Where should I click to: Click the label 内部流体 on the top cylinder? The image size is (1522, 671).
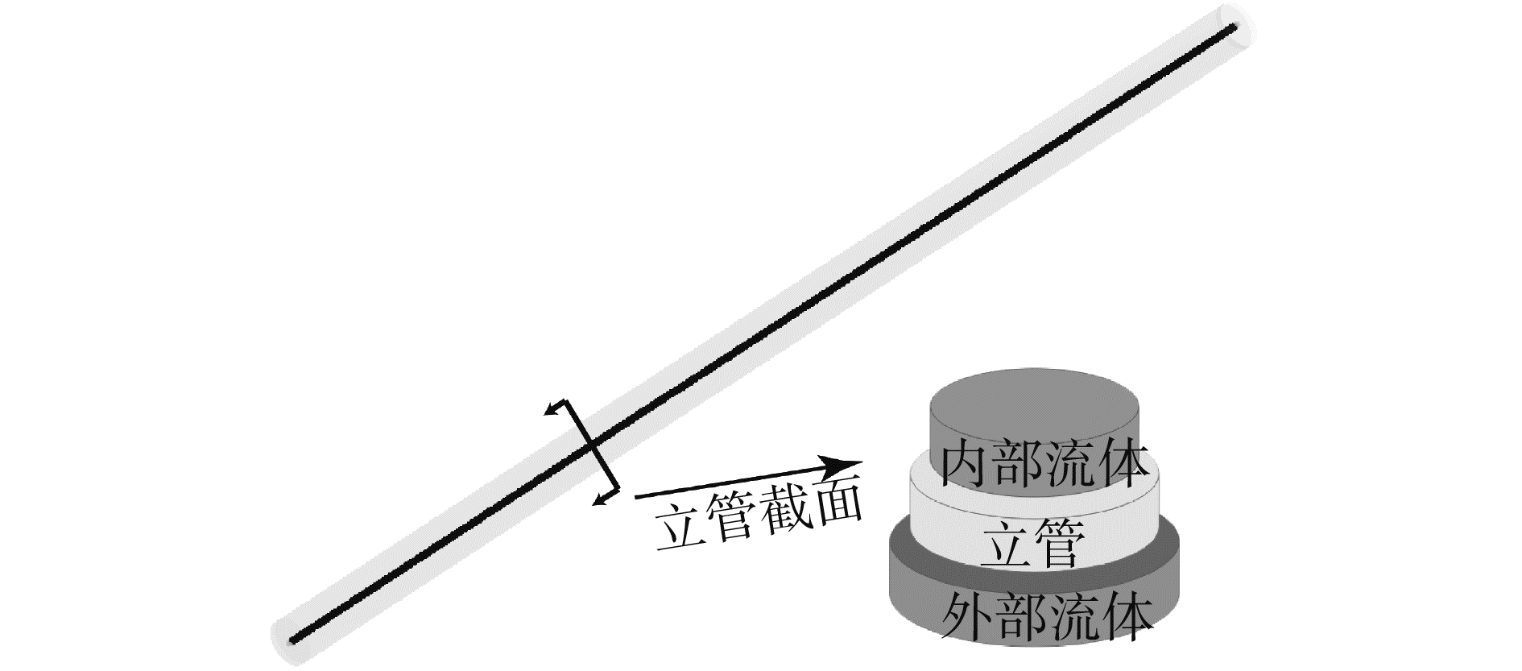pos(1044,465)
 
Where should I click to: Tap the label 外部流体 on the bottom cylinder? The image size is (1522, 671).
pos(1044,618)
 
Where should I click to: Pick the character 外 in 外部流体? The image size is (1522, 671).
pos(966,618)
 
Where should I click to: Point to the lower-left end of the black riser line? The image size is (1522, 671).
pos(292,641)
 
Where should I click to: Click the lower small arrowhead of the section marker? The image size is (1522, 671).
pos(597,503)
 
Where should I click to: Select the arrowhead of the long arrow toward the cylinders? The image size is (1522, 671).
pos(850,464)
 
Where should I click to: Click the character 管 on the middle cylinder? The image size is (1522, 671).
pos(1060,545)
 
